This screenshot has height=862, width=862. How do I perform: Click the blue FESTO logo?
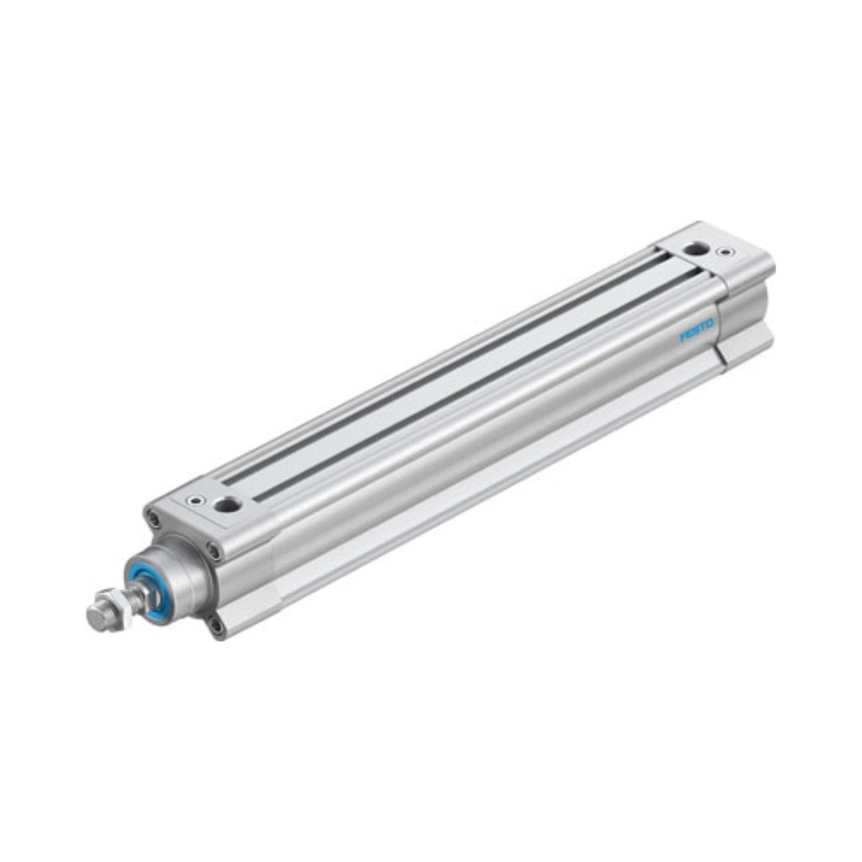coord(697,329)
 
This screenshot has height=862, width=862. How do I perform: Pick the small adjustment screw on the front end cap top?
coord(196,500)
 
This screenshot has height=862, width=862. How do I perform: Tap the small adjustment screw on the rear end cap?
coord(727,253)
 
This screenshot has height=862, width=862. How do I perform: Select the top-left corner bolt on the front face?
coord(153,517)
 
